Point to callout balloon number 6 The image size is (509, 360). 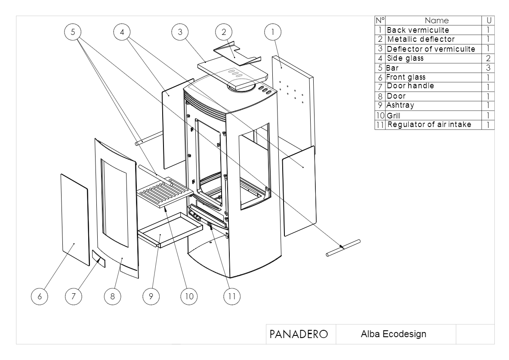click(x=40, y=296)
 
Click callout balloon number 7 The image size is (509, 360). click(x=74, y=296)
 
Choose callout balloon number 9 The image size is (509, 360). click(x=151, y=296)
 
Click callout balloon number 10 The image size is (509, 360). click(x=189, y=296)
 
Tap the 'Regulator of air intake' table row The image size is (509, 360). click(x=429, y=125)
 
